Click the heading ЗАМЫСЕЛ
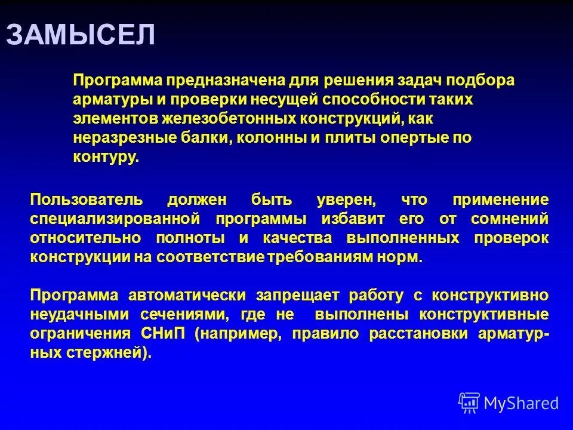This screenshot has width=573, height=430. (x=81, y=35)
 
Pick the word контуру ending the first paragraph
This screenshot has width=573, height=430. (x=105, y=158)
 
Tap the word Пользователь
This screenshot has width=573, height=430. (x=86, y=199)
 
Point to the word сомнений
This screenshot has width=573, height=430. (x=509, y=218)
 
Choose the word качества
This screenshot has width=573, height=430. (x=292, y=238)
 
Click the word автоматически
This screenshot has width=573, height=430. (x=187, y=295)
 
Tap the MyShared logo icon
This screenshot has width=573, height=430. (x=469, y=403)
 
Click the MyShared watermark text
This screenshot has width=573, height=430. (x=520, y=403)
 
